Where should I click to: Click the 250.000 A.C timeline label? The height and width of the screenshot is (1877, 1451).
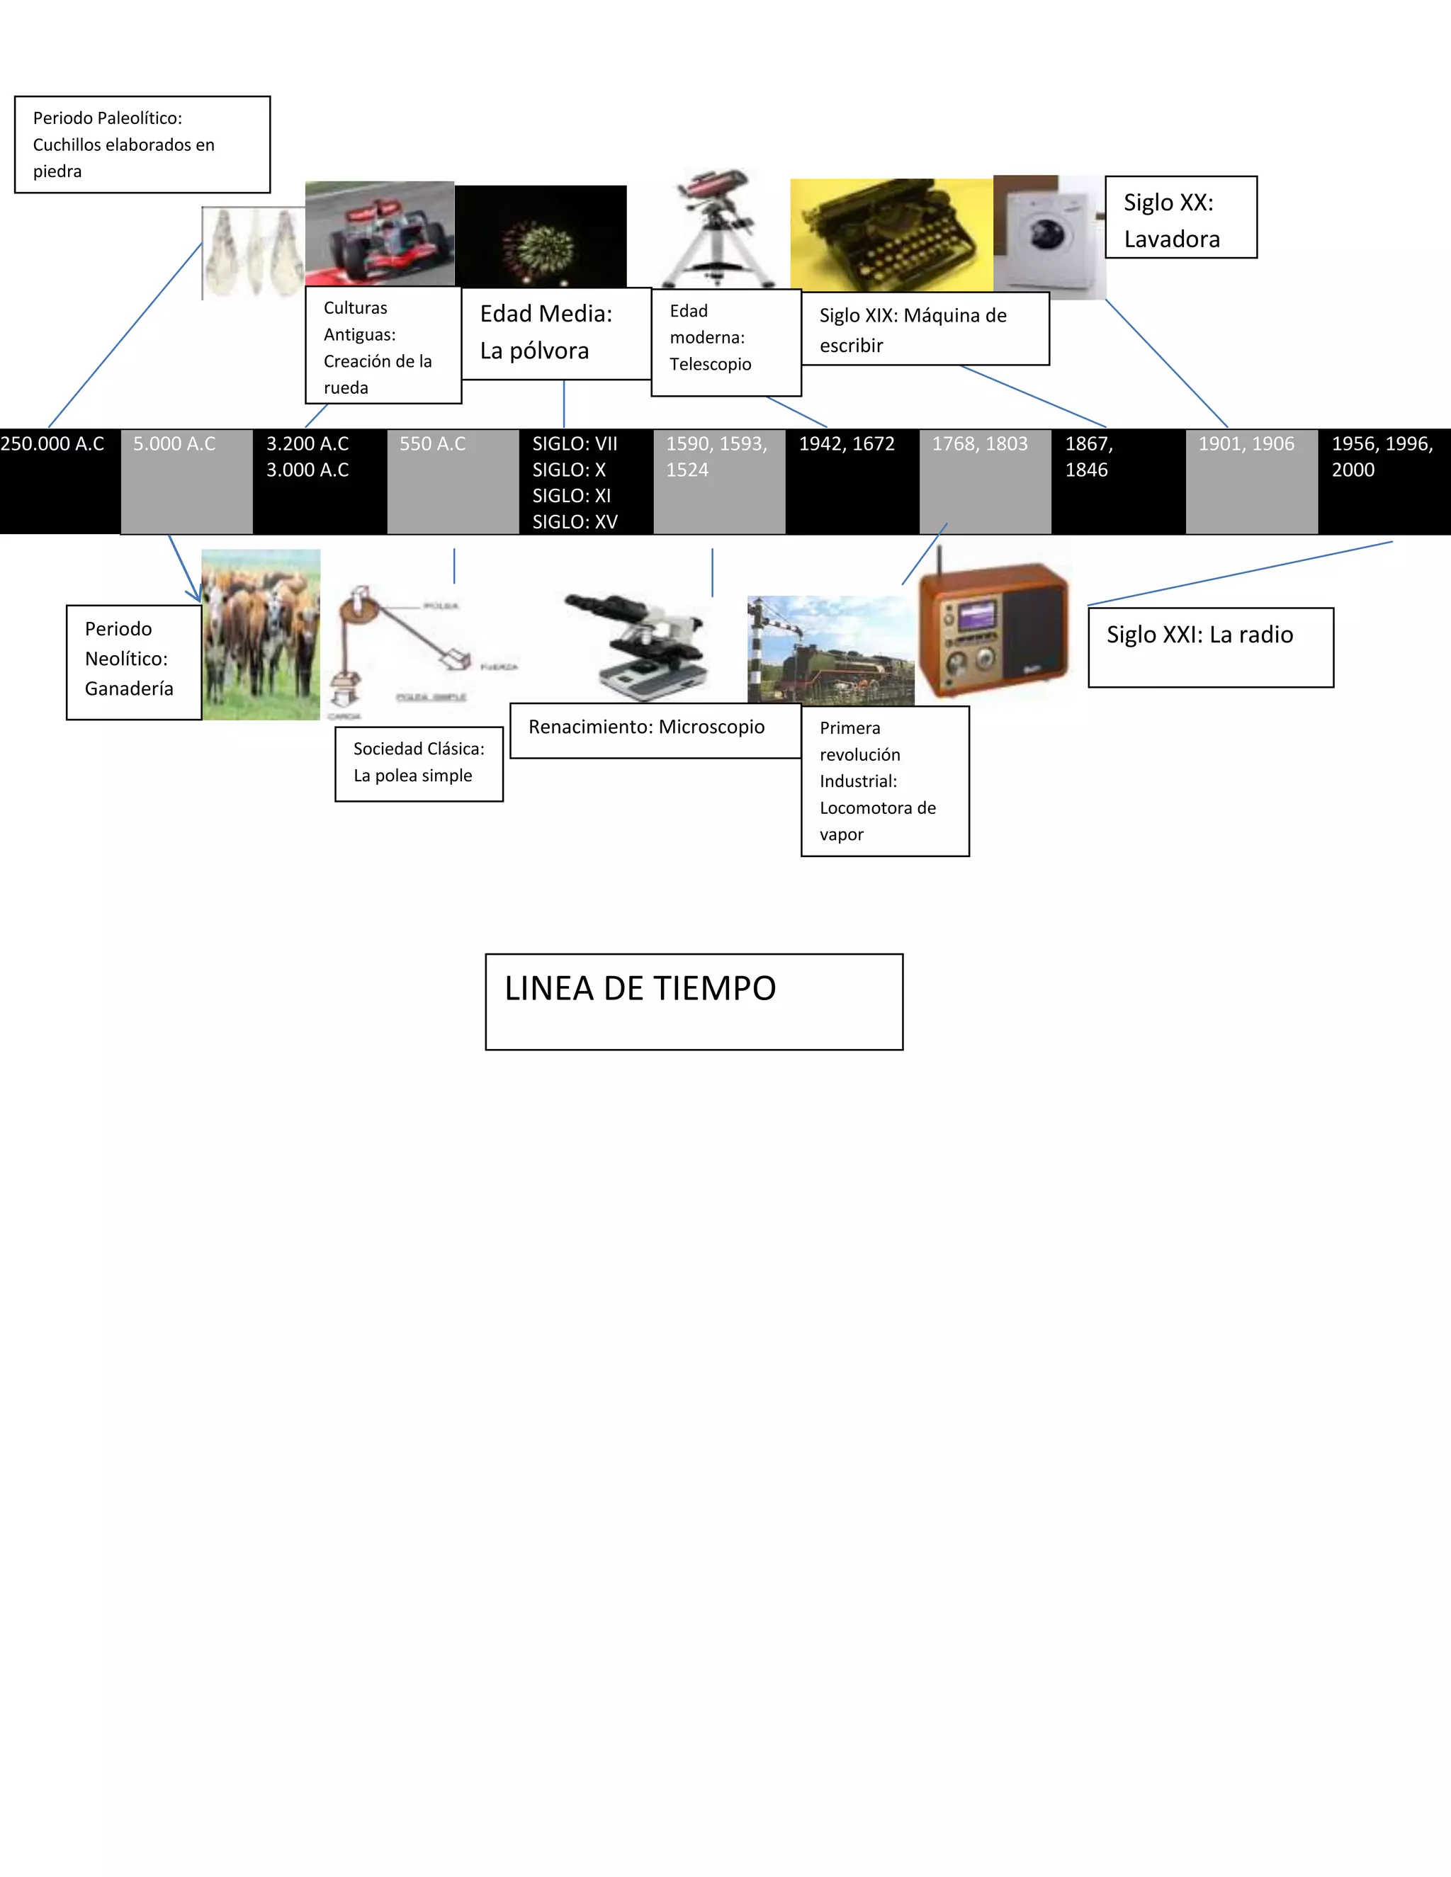(52, 444)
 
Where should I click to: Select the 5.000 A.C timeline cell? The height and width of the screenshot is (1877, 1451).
(186, 480)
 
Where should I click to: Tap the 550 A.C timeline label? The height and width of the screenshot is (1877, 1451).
(432, 444)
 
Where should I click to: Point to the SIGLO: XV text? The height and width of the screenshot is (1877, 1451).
(574, 522)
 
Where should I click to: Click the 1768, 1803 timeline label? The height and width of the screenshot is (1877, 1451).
(980, 444)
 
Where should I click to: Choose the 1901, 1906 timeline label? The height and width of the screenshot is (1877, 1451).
(1246, 444)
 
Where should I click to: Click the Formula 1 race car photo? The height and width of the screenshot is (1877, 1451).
(379, 234)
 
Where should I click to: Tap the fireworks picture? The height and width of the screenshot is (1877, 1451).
(540, 237)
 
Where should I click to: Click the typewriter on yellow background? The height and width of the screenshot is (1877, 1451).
(891, 234)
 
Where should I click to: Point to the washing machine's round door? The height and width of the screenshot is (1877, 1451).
(1047, 233)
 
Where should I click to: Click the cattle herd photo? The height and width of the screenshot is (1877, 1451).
(261, 634)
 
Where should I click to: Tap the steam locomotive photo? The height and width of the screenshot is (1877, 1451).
(830, 651)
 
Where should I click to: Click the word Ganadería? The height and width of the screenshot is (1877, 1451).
(129, 688)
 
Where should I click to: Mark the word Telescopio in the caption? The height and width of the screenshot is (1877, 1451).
(710, 364)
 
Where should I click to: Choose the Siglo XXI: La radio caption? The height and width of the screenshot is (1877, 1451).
(1199, 635)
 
